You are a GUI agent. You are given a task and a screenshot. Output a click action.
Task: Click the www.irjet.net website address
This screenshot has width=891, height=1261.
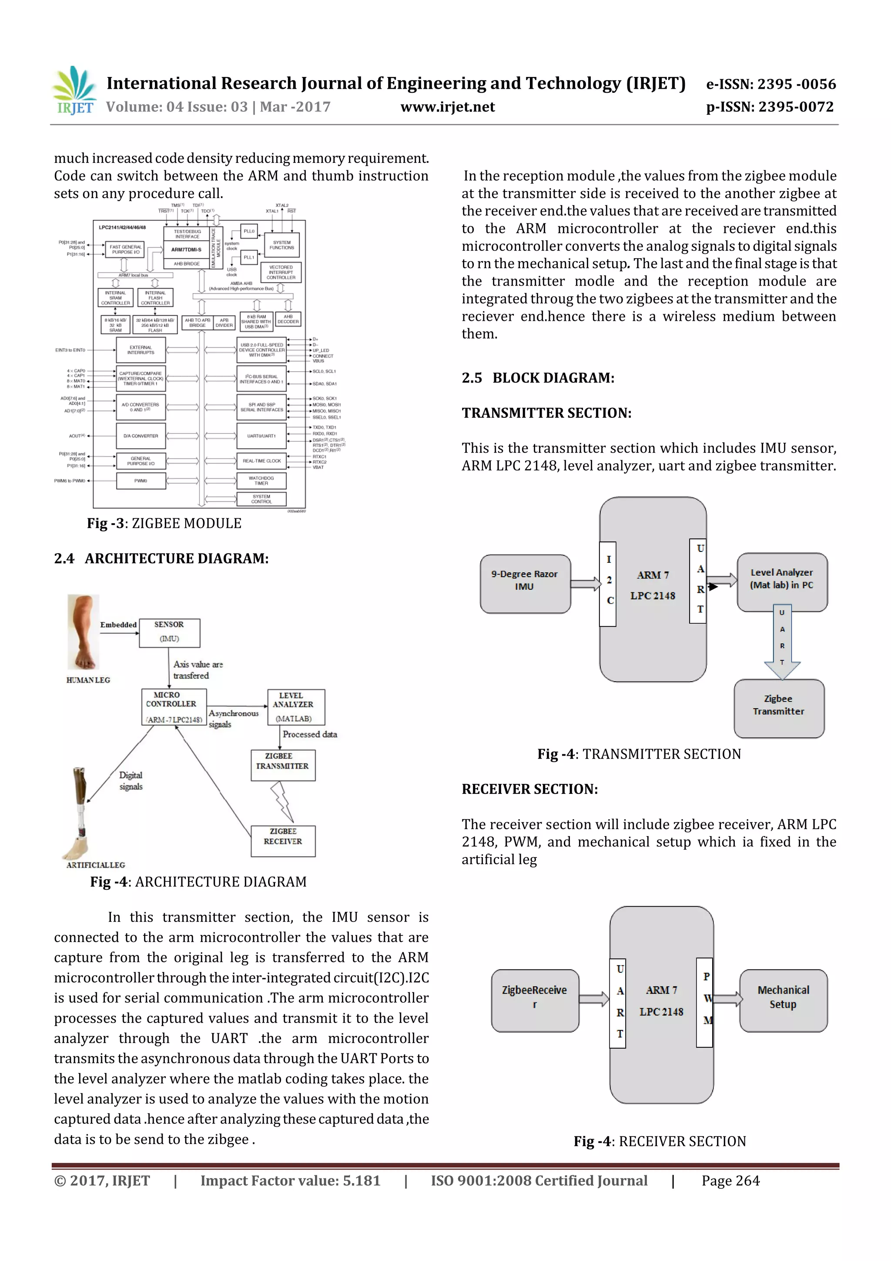coord(447,107)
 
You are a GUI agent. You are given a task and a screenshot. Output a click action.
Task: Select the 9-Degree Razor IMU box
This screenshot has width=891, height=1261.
coord(525,583)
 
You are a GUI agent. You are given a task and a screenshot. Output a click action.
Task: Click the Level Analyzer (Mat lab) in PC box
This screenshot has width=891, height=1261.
coord(782,581)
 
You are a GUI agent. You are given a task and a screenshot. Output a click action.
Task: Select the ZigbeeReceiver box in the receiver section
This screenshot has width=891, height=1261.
coord(535,1000)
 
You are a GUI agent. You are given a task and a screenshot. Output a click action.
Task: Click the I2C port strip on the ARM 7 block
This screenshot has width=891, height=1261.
coord(608,583)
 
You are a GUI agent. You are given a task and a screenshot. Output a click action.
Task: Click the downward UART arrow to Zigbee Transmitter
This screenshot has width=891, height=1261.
coord(782,642)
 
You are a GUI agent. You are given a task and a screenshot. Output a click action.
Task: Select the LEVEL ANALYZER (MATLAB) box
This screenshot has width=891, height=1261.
coord(296,707)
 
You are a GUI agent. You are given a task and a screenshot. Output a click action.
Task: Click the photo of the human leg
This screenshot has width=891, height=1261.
coord(84,632)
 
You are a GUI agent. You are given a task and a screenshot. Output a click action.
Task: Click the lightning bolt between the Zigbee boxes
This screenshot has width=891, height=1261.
coord(281,802)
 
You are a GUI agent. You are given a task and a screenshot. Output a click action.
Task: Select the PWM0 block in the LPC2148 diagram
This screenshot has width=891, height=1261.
coord(141,481)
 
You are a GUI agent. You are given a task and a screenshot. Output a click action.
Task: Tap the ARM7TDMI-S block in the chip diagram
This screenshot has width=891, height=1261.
coord(187,249)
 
